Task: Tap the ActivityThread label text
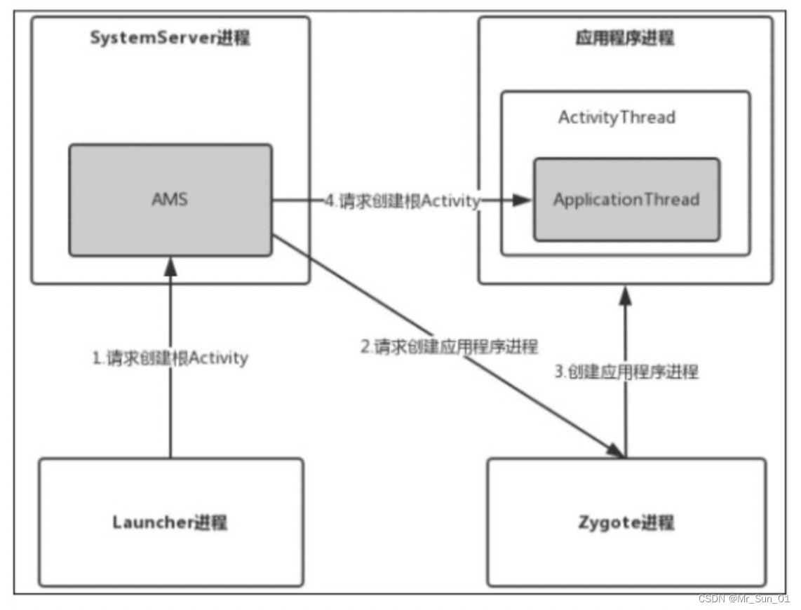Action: [617, 117]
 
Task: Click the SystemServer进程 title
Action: [170, 38]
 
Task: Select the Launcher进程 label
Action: [170, 522]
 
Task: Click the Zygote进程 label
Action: [626, 522]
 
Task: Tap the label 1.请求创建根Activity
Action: [170, 358]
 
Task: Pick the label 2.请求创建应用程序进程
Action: [448, 346]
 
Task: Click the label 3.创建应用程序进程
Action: [626, 372]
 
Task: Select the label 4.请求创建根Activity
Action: [403, 201]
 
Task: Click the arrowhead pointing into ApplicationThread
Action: [522, 201]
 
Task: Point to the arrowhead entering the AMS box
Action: [170, 265]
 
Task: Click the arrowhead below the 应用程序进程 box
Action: [625, 294]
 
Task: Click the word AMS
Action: [170, 199]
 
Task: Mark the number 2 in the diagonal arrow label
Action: [365, 346]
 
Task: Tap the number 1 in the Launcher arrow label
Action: [97, 358]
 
